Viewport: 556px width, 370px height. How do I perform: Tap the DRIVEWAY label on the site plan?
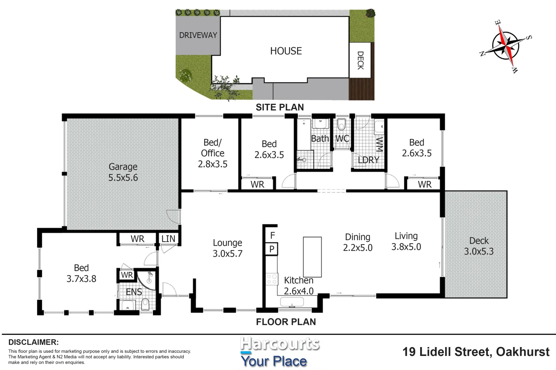pyautogui.click(x=198, y=35)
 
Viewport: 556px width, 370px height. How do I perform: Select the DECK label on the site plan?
pyautogui.click(x=360, y=60)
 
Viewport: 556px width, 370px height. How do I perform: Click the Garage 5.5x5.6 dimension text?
pyautogui.click(x=123, y=177)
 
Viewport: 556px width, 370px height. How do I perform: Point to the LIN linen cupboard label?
pyautogui.click(x=168, y=239)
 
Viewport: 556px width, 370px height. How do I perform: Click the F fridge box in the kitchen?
pyautogui.click(x=272, y=235)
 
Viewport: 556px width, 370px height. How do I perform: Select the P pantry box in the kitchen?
pyautogui.click(x=272, y=249)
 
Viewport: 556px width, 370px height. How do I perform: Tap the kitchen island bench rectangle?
pyautogui.click(x=312, y=257)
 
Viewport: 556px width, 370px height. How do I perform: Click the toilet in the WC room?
pyautogui.click(x=341, y=125)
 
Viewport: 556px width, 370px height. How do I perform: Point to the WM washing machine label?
pyautogui.click(x=379, y=144)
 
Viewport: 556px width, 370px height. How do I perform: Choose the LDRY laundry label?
pyautogui.click(x=368, y=160)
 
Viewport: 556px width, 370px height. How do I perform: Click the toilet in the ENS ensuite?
pyautogui.click(x=145, y=304)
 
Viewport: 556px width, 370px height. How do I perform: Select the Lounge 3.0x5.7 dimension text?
pyautogui.click(x=228, y=254)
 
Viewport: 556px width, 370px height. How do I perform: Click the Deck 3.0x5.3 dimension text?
pyautogui.click(x=479, y=251)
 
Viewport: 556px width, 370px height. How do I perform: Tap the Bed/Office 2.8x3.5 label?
pyautogui.click(x=212, y=153)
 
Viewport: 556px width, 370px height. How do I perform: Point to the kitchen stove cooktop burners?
pyautogui.click(x=272, y=279)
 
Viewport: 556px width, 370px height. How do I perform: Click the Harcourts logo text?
pyautogui.click(x=280, y=344)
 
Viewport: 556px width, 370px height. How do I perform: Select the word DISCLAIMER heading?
pyautogui.click(x=33, y=342)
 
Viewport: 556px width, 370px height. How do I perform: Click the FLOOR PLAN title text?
pyautogui.click(x=286, y=322)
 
